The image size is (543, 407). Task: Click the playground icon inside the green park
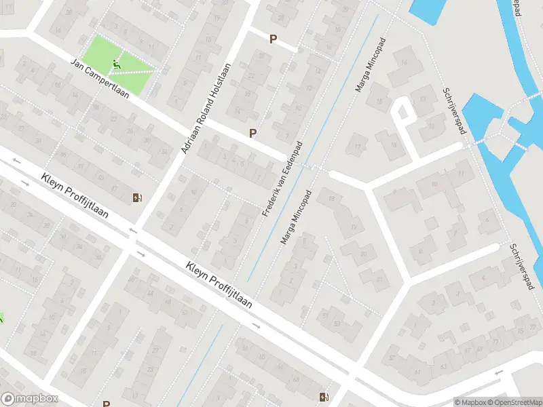click(x=116, y=65)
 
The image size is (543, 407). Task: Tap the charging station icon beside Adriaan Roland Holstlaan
click(x=137, y=197)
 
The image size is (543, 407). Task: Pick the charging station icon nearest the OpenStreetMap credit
click(x=323, y=397)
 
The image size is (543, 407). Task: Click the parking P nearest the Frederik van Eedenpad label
click(x=253, y=134)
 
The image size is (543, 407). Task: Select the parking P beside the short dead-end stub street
click(x=273, y=39)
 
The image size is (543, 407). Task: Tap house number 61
click(x=417, y=372)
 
